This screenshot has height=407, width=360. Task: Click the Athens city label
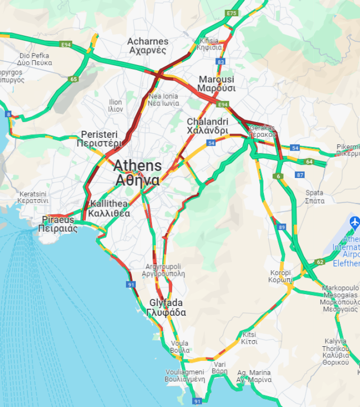(x=137, y=173)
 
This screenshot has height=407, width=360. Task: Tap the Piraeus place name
(x=58, y=224)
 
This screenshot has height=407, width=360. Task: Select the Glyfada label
(x=166, y=307)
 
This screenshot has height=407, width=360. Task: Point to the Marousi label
(x=216, y=84)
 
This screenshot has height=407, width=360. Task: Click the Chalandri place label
(x=207, y=126)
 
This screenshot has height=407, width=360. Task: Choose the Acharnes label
(x=148, y=46)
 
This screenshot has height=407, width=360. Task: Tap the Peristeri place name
(x=100, y=139)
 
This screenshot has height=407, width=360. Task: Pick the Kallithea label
(x=109, y=208)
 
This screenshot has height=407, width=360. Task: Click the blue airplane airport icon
(x=354, y=222)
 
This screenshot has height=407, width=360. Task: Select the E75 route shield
(x=231, y=13)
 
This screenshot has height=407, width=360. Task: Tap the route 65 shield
(x=74, y=79)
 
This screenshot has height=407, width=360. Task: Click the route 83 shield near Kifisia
(x=221, y=62)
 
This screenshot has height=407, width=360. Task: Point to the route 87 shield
(x=300, y=175)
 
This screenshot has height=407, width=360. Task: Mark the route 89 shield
(x=282, y=227)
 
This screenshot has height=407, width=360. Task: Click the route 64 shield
(x=309, y=161)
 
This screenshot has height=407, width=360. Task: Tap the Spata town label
(x=314, y=197)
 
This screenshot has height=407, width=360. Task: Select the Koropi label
(x=281, y=276)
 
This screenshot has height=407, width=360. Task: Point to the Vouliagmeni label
(x=184, y=376)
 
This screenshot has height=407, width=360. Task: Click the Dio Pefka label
(x=34, y=59)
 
